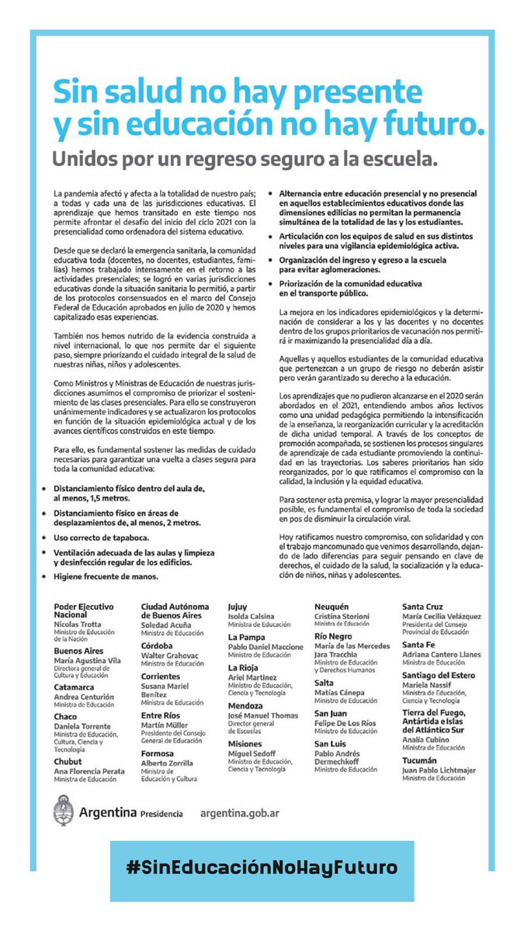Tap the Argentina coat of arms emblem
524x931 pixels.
point(64,813)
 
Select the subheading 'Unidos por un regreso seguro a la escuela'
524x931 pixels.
point(245,160)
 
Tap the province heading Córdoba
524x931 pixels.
point(157,645)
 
